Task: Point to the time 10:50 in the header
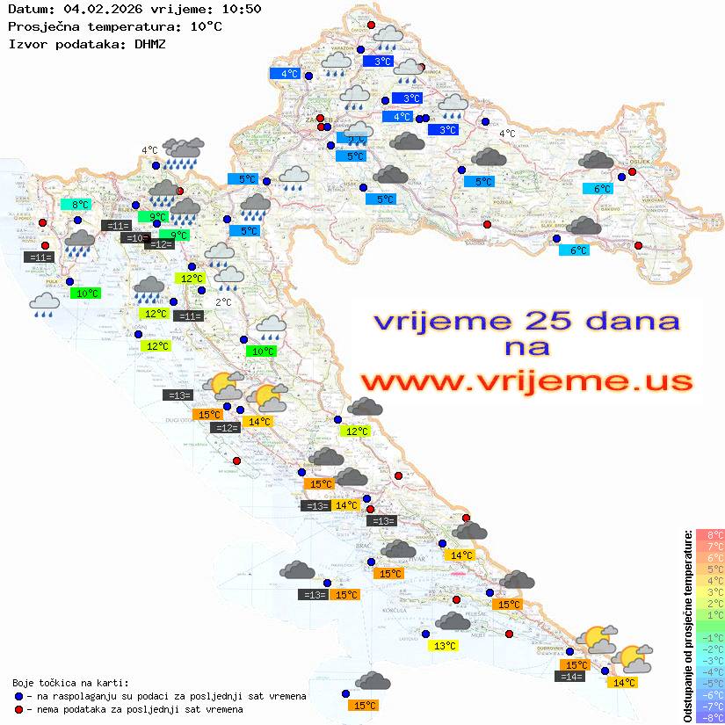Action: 241,9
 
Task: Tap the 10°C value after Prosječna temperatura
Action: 206,26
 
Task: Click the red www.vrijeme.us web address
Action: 526,381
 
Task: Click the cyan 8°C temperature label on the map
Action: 80,205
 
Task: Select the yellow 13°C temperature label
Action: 446,646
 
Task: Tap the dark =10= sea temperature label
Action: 134,238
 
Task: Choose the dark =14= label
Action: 571,676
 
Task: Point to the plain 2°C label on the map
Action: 223,302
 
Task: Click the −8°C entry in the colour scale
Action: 709,717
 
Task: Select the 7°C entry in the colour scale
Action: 709,547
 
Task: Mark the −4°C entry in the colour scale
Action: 709,671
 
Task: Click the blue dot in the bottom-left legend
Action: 18,696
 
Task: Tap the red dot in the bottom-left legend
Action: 18,709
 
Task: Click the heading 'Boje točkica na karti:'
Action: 70,682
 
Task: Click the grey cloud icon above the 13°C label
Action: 453,622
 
